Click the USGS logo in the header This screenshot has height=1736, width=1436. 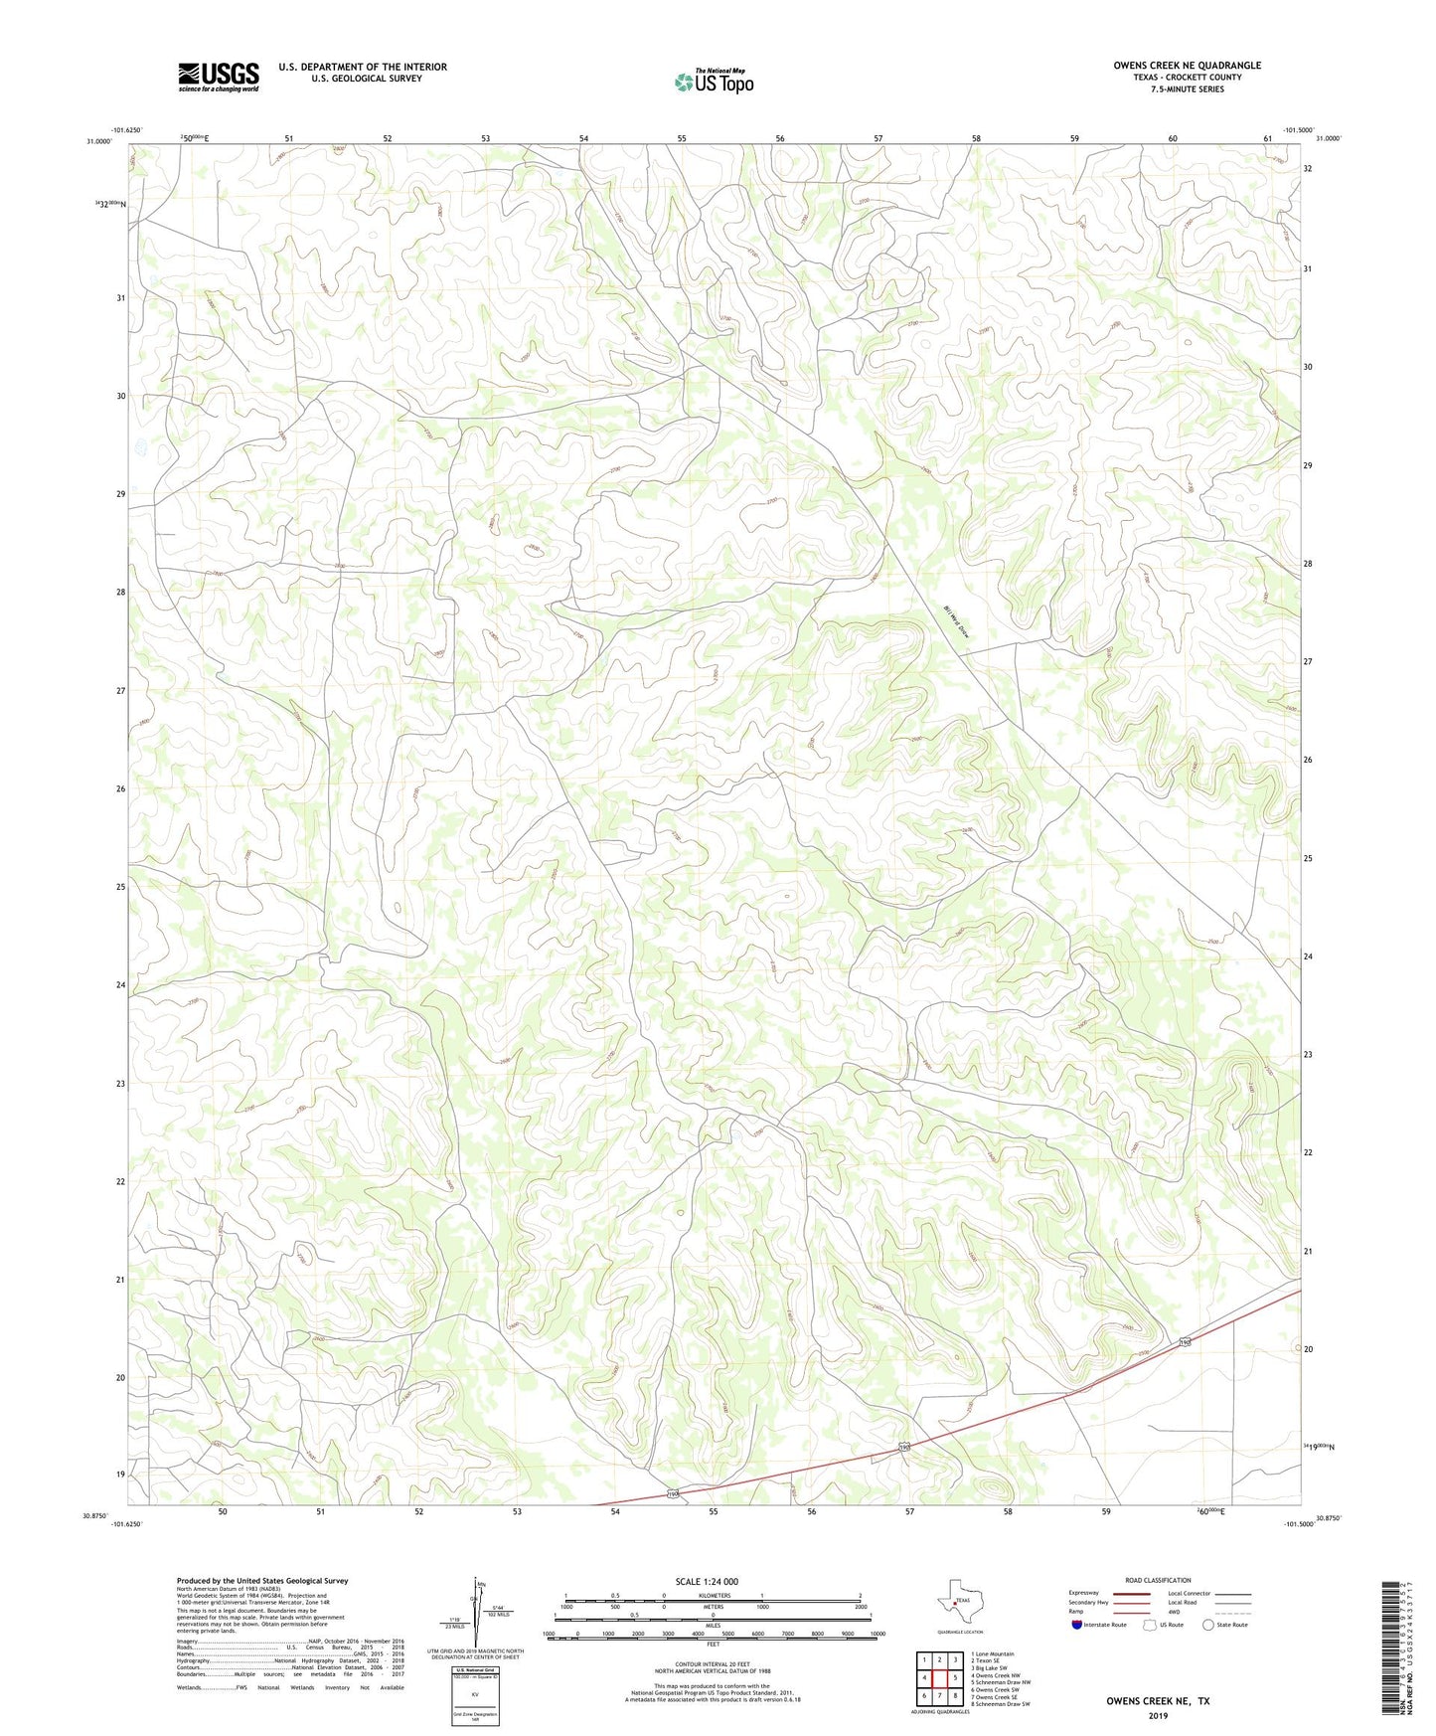pos(219,77)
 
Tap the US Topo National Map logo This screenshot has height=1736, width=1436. pos(714,81)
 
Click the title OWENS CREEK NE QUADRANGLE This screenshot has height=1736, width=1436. pos(1187,66)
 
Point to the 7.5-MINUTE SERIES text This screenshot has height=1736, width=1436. pos(1187,89)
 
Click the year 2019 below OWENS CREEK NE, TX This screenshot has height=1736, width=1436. pos(1158,1716)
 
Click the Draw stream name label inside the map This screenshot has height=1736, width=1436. pos(956,623)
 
